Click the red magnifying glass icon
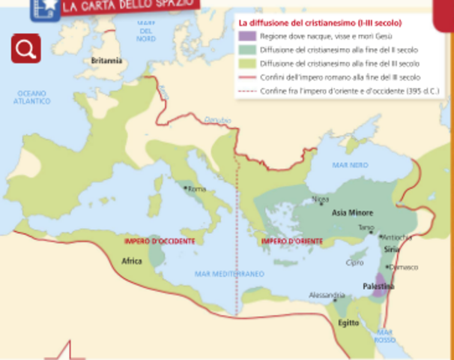tap(25, 48)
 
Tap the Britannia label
tap(106, 61)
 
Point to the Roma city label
tap(196, 189)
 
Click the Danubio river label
tap(218, 120)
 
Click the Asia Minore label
tap(352, 213)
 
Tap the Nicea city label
tap(320, 199)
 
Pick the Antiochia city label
tap(398, 237)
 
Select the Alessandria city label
tap(327, 295)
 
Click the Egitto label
tap(348, 322)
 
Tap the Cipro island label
tap(354, 262)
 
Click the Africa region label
tap(132, 261)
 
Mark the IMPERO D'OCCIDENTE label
tap(160, 241)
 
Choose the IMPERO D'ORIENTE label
tap(291, 241)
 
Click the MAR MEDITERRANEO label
tap(230, 274)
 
